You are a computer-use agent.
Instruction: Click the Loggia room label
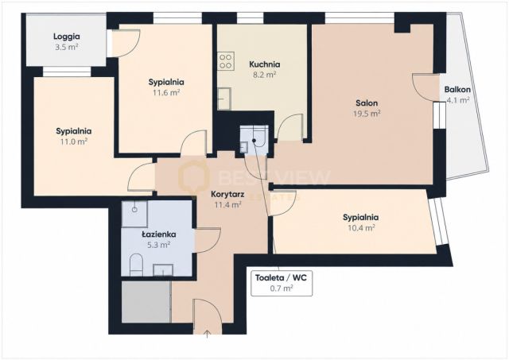pyautogui.click(x=67, y=37)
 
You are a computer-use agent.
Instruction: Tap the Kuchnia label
pyautogui.click(x=265, y=64)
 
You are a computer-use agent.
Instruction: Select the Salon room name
pyautogui.click(x=367, y=103)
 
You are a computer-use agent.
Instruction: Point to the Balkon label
pyautogui.click(x=457, y=89)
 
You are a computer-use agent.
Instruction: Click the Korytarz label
pyautogui.click(x=227, y=195)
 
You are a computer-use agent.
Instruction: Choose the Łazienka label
pyautogui.click(x=159, y=234)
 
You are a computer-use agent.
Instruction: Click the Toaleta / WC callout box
pyautogui.click(x=282, y=283)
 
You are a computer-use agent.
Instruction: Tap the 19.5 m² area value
pyautogui.click(x=367, y=114)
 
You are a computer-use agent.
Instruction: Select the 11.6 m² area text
pyautogui.click(x=166, y=93)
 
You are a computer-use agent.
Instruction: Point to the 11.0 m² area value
pyautogui.click(x=74, y=141)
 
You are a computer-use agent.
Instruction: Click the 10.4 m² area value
pyautogui.click(x=361, y=227)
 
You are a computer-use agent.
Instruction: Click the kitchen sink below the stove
pyautogui.click(x=224, y=99)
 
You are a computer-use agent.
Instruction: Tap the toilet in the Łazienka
pyautogui.click(x=136, y=265)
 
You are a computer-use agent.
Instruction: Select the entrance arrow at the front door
pyautogui.click(x=208, y=335)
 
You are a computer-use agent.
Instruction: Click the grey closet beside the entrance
pyautogui.click(x=146, y=302)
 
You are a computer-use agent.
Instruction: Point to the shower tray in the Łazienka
pyautogui.click(x=134, y=214)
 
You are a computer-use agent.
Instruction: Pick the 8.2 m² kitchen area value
pyautogui.click(x=265, y=75)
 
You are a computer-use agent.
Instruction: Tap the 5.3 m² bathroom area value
pyautogui.click(x=159, y=245)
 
